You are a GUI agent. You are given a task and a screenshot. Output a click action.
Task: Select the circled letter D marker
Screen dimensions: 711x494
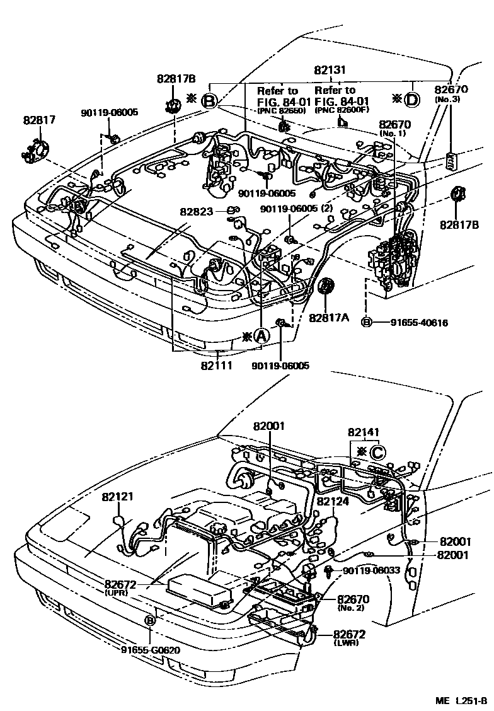click(411, 99)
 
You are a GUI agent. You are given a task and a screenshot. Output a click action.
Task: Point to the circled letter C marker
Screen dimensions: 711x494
click(377, 452)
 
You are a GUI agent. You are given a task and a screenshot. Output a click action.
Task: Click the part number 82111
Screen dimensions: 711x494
click(216, 365)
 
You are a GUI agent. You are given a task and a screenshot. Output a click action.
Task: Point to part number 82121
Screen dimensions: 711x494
click(118, 497)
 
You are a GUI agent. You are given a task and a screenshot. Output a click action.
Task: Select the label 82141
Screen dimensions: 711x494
click(364, 432)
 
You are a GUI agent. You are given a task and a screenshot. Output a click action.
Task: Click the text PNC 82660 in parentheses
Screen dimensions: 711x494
click(280, 111)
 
